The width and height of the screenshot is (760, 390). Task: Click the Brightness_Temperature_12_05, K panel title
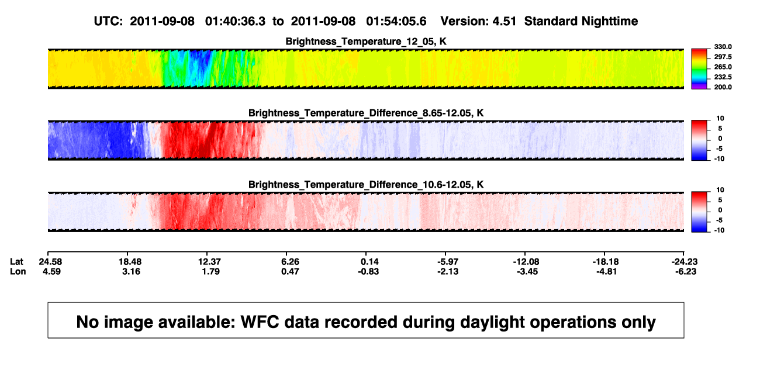click(366, 42)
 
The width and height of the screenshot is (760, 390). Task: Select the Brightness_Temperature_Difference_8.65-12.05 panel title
click(366, 113)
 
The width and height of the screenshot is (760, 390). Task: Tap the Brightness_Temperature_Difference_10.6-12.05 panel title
click(366, 185)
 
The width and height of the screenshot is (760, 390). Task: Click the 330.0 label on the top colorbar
click(723, 47)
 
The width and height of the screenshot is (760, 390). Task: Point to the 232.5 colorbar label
click(723, 77)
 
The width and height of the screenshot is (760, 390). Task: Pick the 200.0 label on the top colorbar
click(723, 87)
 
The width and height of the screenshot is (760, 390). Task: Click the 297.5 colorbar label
click(723, 57)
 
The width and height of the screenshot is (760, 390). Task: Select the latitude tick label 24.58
click(50, 262)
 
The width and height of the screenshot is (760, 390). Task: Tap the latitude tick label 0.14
click(369, 262)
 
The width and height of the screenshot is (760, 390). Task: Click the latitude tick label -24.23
click(685, 262)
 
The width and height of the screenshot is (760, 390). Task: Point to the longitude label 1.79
click(210, 271)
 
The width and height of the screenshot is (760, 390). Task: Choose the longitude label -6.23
click(685, 271)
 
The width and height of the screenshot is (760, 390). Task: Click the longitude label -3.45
click(527, 271)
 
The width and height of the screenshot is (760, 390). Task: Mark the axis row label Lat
click(16, 262)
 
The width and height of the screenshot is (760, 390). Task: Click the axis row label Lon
click(18, 271)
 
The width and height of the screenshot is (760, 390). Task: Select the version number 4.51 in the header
click(504, 22)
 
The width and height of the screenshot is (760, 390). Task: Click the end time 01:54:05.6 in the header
click(396, 22)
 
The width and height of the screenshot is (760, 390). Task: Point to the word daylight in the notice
click(491, 323)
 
